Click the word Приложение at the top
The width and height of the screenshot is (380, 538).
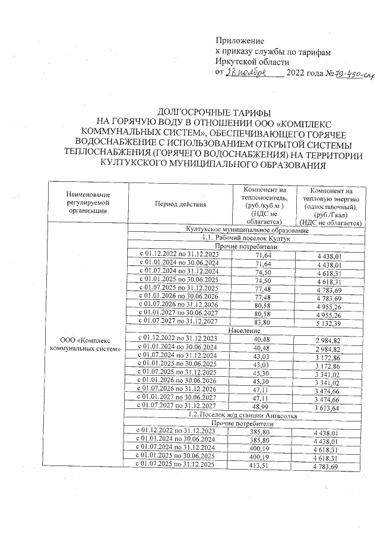click(x=239, y=41)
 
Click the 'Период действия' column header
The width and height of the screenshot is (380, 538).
click(x=180, y=205)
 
